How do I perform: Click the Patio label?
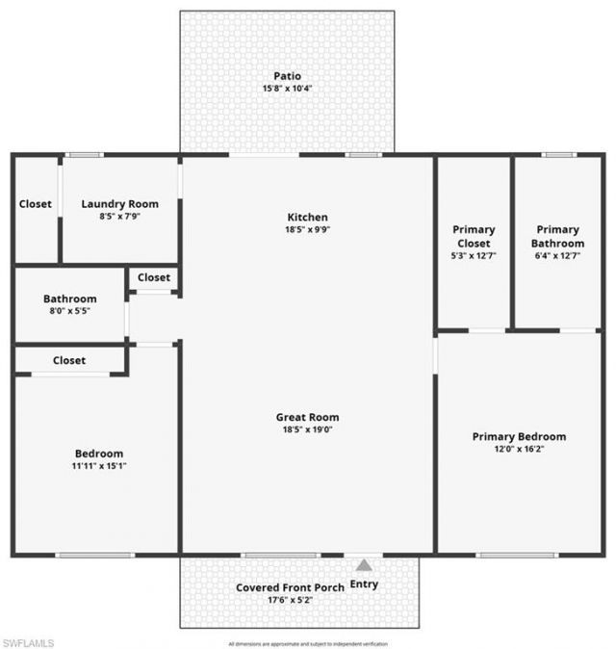tap(287, 76)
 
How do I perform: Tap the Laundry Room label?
tap(119, 204)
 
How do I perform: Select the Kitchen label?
tap(307, 218)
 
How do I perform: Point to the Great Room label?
tap(307, 418)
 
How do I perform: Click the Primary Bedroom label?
tap(519, 437)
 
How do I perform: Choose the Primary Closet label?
tap(474, 236)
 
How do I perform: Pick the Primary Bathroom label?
tap(557, 236)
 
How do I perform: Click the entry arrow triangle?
tap(364, 566)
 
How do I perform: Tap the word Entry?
tap(364, 584)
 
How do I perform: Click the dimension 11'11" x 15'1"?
tap(99, 466)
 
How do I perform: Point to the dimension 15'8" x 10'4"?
tap(287, 89)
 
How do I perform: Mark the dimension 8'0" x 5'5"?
tap(69, 312)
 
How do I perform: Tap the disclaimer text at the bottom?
tap(309, 643)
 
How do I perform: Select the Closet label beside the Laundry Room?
tap(36, 204)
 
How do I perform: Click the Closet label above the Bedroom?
tap(69, 361)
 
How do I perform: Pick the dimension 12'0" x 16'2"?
tap(519, 450)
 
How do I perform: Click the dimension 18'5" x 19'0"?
tap(307, 430)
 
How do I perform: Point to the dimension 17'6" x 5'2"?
tap(288, 600)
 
